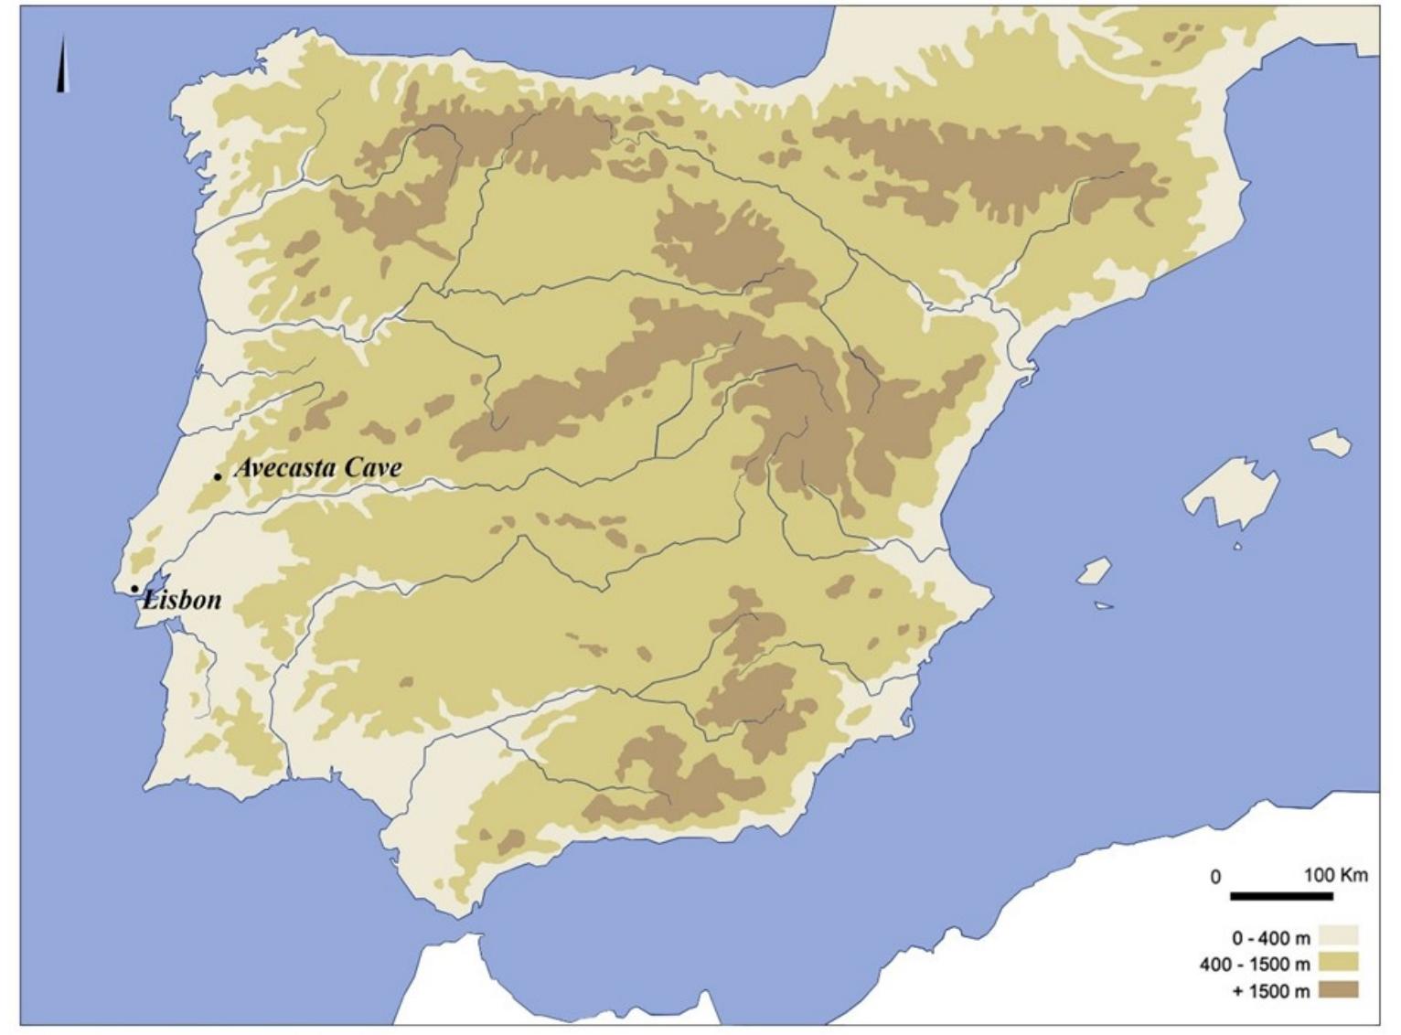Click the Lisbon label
182,600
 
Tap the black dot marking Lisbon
134,589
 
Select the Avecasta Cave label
318,468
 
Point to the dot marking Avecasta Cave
218,476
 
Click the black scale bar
1280,896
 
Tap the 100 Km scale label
1336,875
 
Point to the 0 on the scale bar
1215,877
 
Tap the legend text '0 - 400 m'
1270,938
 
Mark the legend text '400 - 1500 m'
1255,965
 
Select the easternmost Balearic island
1331,443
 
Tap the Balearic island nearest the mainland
1094,572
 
